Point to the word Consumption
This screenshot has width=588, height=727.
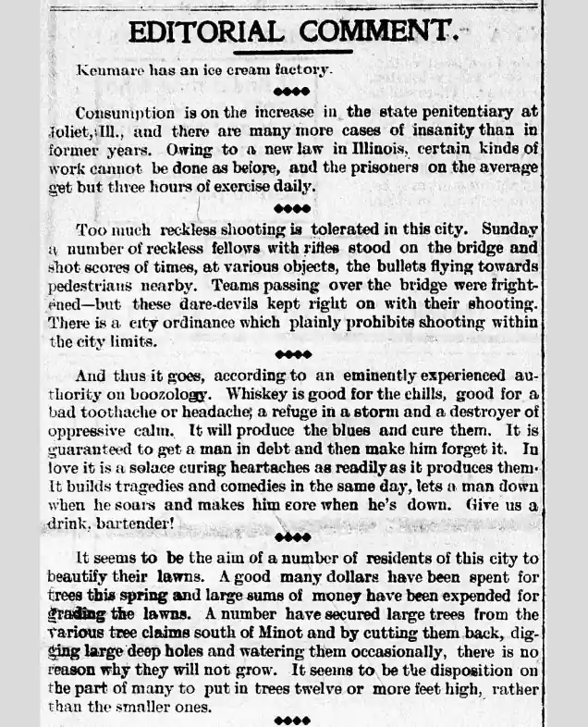coord(123,112)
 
